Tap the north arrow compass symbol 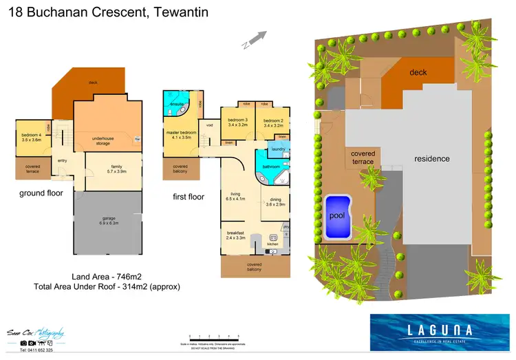pyautogui.click(x=252, y=39)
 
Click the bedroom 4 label pyautogui.click(x=32, y=135)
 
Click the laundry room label pyautogui.click(x=279, y=149)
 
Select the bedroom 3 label pyautogui.click(x=237, y=120)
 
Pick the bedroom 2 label pyautogui.click(x=273, y=120)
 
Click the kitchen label pyautogui.click(x=272, y=244)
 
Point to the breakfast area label pyautogui.click(x=236, y=233)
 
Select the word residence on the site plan pyautogui.click(x=431, y=158)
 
